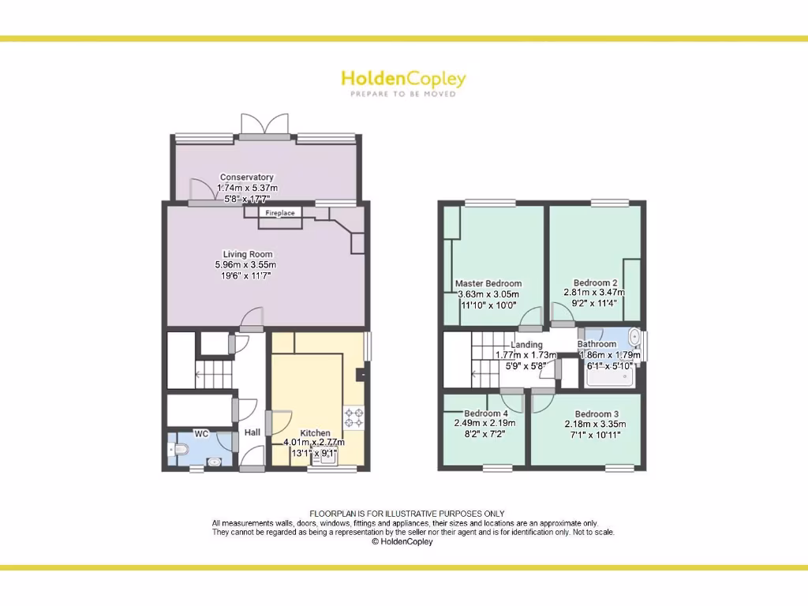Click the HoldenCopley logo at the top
(403, 79)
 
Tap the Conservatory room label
(247, 178)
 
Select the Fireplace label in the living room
(279, 213)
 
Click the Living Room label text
(248, 255)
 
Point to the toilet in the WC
(179, 450)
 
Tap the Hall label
(252, 432)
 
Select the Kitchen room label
(315, 433)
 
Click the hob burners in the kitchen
(353, 417)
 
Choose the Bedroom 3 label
(597, 414)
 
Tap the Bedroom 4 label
(486, 413)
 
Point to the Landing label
(526, 345)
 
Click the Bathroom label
(597, 344)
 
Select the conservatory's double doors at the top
(264, 125)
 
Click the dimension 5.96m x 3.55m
(246, 265)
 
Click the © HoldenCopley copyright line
(402, 542)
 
